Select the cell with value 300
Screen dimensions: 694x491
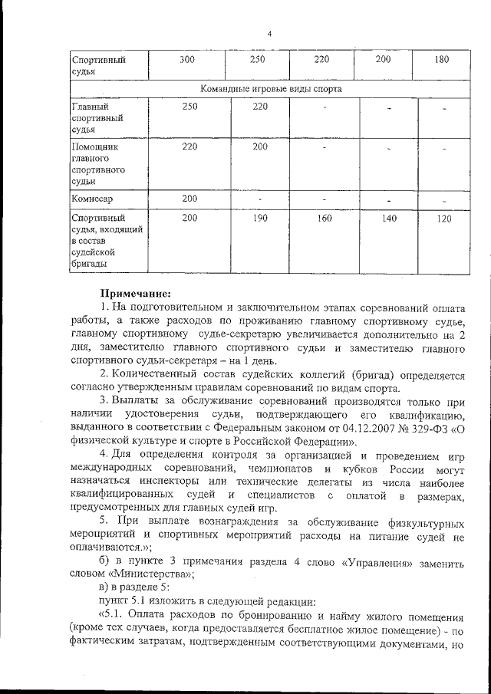tap(189, 60)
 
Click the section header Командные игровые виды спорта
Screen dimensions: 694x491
tap(271, 89)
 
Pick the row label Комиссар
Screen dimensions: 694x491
tap(92, 199)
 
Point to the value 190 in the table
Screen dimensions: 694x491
tap(259, 219)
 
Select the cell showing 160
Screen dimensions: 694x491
tap(325, 219)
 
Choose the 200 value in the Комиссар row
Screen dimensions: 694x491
tap(189, 199)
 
